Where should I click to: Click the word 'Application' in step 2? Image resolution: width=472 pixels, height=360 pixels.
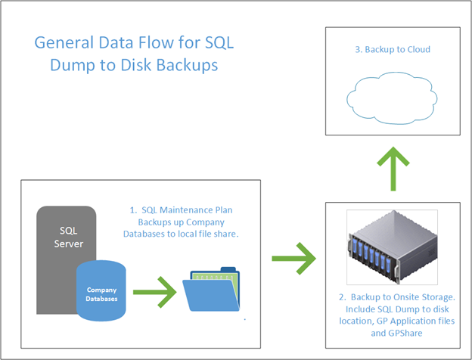pos(411,321)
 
